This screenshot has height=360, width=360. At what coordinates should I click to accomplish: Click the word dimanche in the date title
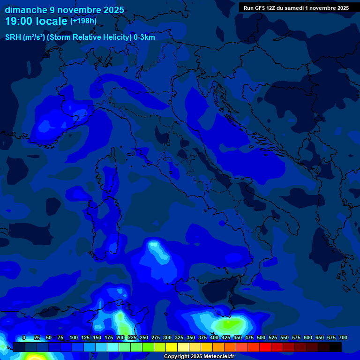pos(26,10)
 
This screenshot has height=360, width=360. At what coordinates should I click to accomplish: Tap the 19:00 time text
pos(21,21)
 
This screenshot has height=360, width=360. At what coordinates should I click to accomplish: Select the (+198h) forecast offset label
pos(83,21)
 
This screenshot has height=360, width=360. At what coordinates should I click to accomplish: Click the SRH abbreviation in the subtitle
pos(13,37)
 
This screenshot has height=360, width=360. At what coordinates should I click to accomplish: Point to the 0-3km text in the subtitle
pos(144,37)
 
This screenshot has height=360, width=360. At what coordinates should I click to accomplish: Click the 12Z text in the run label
pos(271,8)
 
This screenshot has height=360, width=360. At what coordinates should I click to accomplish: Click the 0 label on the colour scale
pos(24,338)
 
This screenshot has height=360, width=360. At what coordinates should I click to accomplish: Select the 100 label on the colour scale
pos(74,338)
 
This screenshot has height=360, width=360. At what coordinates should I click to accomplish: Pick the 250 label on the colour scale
pos(144,338)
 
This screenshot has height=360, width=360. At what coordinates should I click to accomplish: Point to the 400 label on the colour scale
pos(214,338)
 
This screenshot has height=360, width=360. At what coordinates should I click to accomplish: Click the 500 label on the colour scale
pos(261,338)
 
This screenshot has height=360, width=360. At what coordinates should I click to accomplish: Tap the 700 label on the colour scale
pos(343,338)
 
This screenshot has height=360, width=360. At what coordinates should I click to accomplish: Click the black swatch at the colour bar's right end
pos(336,347)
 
